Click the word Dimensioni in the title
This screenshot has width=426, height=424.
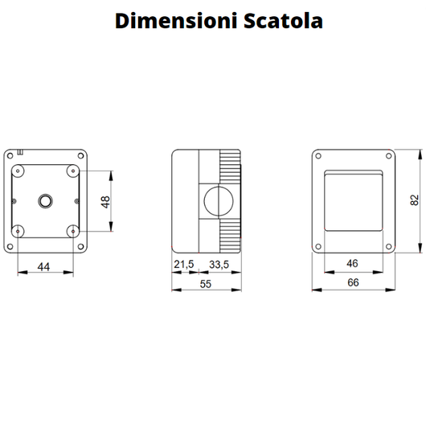(x=166, y=20)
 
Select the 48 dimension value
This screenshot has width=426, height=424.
(x=104, y=201)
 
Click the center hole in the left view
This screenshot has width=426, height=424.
(x=45, y=199)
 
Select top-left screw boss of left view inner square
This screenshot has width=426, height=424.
(x=18, y=171)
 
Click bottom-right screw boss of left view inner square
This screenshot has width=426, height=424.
(x=73, y=231)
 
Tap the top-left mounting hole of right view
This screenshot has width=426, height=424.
(x=319, y=156)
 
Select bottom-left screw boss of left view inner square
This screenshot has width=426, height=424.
(x=18, y=231)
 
